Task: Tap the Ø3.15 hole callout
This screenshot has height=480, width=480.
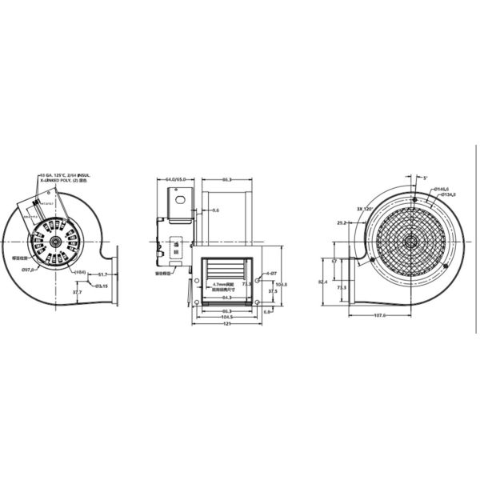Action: [102, 286]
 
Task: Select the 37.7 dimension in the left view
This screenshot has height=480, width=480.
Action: [78, 293]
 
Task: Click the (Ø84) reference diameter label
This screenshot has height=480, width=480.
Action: [81, 274]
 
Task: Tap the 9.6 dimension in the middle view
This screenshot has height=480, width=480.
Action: [215, 210]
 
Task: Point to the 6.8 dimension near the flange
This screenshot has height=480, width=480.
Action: [268, 312]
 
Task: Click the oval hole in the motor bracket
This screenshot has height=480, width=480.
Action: [180, 197]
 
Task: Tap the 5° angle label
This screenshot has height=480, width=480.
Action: [425, 178]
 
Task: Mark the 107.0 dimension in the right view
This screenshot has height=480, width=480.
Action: [379, 315]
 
